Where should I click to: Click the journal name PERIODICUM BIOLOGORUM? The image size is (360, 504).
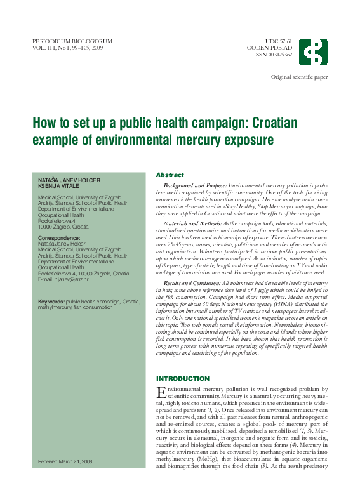72,41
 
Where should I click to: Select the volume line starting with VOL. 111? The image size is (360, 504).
67,48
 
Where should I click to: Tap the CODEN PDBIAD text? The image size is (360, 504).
270,48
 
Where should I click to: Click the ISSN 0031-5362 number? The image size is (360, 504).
273,55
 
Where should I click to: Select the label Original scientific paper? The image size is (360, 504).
299,77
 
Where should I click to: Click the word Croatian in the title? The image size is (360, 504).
255,123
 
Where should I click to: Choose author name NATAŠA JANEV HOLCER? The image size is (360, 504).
69,181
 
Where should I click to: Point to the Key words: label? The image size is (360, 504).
51,302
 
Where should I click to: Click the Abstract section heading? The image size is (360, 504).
170,175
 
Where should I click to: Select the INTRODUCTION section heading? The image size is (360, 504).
183,378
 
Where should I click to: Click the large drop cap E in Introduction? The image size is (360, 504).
161,393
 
